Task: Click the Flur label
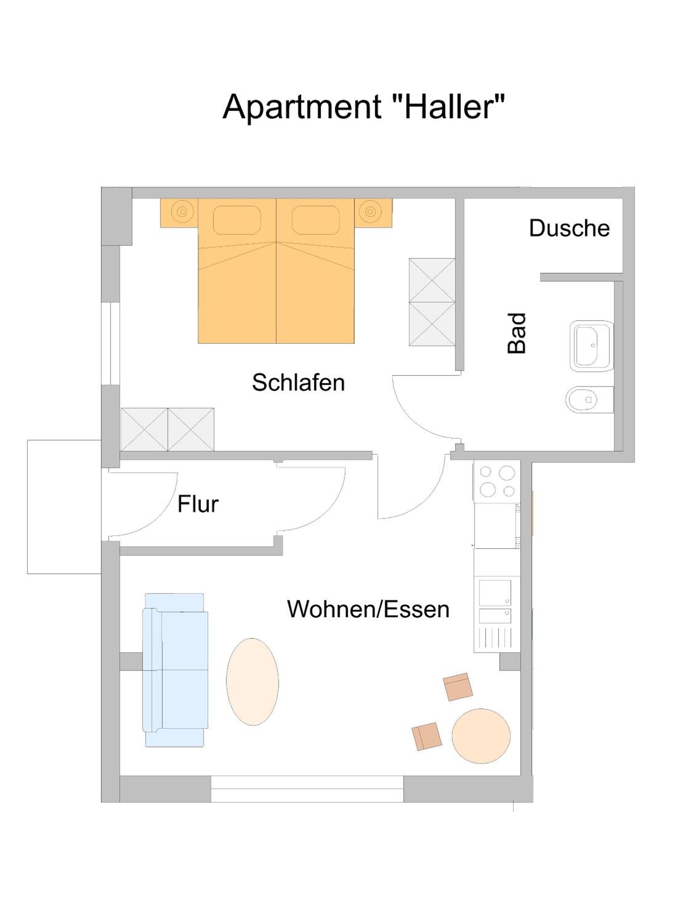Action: [x=198, y=504]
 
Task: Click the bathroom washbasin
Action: [x=591, y=346]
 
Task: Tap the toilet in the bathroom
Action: [x=589, y=399]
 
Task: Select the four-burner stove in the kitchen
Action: [x=497, y=481]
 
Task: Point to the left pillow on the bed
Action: [x=237, y=220]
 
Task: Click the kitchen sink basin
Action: [x=495, y=592]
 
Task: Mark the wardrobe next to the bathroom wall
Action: [x=432, y=302]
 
